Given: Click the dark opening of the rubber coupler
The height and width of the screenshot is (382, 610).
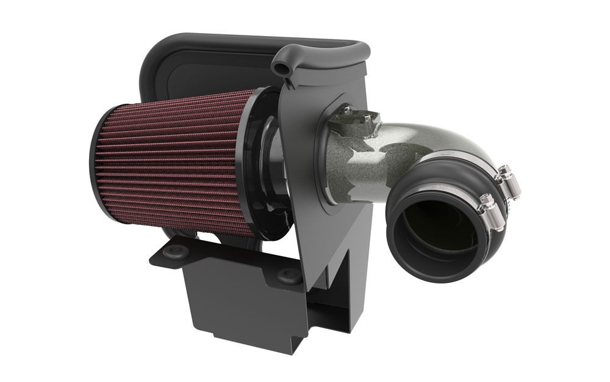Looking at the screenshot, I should pyautogui.click(x=436, y=235).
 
